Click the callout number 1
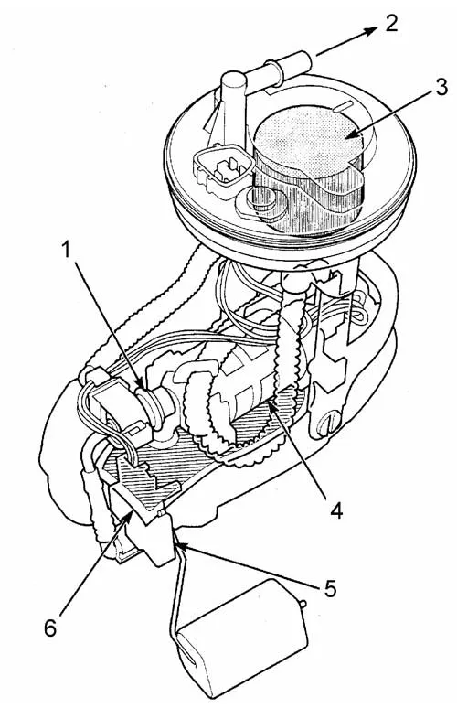coord(66,249)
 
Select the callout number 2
coord(391,23)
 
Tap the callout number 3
coord(441,87)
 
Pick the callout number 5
coord(330,589)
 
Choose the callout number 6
coord(50,628)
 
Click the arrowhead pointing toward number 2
coord(371,31)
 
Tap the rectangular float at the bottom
coord(241,641)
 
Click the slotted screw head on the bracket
coord(328,424)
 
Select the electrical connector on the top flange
coord(222,167)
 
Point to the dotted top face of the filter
coord(311,141)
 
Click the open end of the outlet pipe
coord(305,61)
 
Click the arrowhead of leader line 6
coord(130,516)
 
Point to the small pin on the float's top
coord(303,603)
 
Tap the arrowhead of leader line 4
coord(272,402)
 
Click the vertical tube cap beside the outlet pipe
coord(233,82)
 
